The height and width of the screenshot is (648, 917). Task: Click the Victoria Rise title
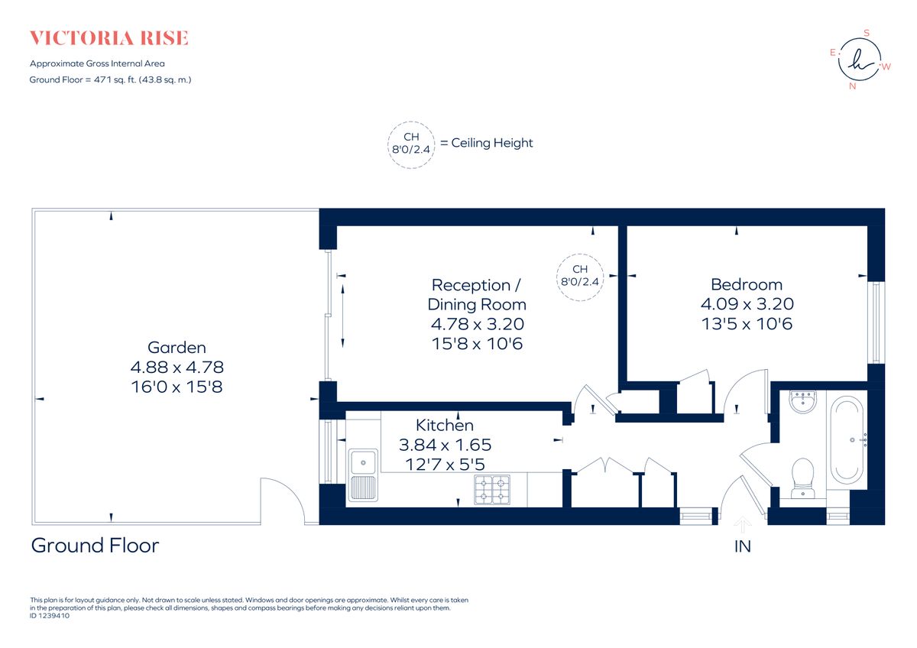109,38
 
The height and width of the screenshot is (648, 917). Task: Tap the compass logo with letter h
859,60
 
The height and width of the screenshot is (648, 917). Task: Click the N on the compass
852,86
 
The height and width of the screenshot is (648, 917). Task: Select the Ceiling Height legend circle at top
411,143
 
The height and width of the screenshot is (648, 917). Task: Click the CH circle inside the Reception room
580,275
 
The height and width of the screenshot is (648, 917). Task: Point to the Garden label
177,348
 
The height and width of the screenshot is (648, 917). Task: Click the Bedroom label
746,284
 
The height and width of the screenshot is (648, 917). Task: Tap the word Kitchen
444,425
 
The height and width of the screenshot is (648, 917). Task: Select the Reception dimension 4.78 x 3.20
478,324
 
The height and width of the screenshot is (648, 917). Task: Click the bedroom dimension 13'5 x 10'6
746,324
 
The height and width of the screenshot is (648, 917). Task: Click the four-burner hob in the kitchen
493,489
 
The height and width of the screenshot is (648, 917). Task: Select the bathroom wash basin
802,401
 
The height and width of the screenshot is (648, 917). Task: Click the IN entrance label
742,546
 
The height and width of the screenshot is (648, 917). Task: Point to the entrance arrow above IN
742,524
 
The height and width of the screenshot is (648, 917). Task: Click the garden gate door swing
281,501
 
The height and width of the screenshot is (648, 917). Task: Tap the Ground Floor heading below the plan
95,546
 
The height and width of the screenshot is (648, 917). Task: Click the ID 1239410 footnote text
50,615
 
